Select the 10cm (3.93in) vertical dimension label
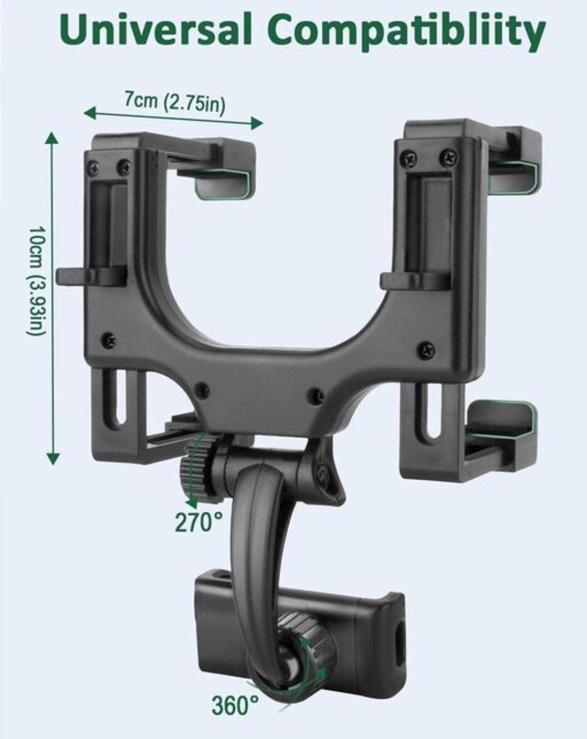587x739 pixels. click(x=35, y=280)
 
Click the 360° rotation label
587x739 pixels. click(x=235, y=705)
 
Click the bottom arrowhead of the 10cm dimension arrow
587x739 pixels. click(x=53, y=459)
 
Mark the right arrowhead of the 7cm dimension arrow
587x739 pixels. click(x=257, y=122)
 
